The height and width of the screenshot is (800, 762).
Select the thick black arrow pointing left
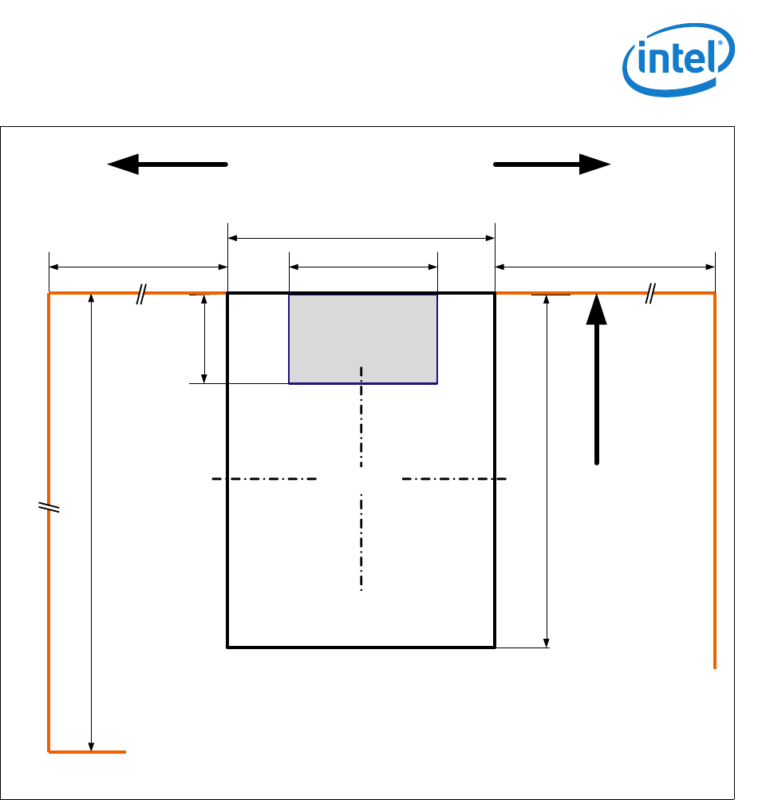tap(168, 164)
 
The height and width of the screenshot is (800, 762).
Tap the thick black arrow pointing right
tap(552, 164)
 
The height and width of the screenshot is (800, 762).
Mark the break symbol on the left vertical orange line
tap(49, 507)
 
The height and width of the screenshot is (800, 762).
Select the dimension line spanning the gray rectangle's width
tap(363, 267)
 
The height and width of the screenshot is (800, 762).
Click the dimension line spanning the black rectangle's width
tap(361, 237)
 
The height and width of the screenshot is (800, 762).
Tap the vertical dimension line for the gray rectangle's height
tap(205, 339)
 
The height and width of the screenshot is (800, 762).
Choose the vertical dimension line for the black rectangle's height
tap(547, 471)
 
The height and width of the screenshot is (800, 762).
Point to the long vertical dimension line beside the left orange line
tap(92, 523)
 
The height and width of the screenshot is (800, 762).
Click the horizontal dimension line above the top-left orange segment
tap(139, 267)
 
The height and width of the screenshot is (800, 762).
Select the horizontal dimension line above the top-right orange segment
tap(605, 267)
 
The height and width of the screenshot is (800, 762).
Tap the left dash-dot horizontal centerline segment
tap(265, 479)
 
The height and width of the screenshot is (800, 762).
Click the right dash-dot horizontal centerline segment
tap(454, 479)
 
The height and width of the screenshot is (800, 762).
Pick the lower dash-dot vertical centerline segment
tap(361, 543)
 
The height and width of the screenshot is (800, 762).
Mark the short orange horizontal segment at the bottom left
tap(88, 752)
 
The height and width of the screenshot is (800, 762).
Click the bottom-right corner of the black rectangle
tap(495, 647)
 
